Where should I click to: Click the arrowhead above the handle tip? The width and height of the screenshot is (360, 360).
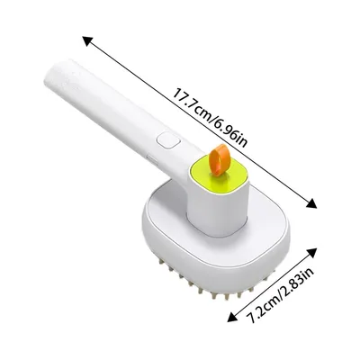[x=86, y=39]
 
